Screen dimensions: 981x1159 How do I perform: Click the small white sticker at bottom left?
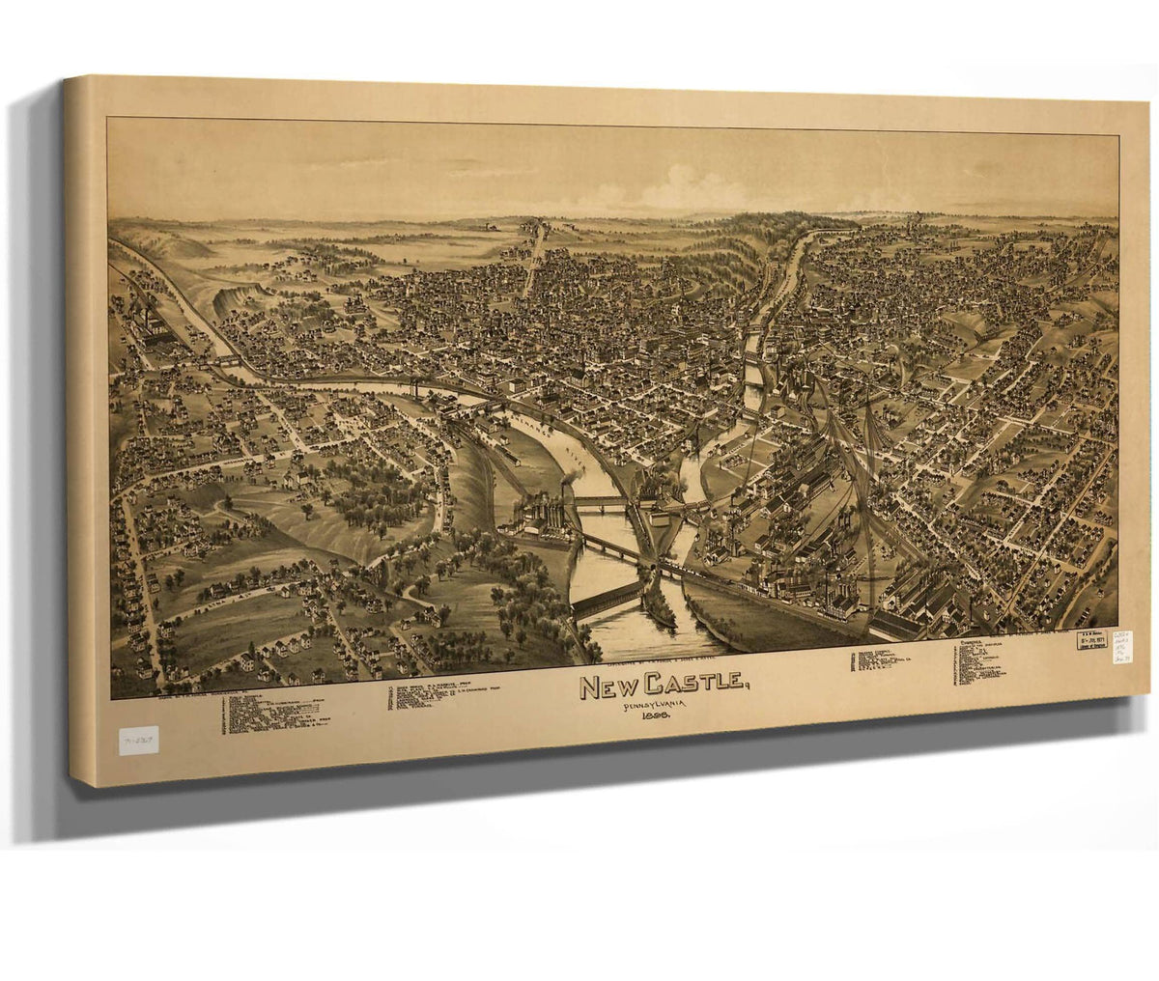(x=138, y=741)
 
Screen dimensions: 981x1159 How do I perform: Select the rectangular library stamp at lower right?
(x=1092, y=640)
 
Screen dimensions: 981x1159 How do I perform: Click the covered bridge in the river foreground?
(x=606, y=599)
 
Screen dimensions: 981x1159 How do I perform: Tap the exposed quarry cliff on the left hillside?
(x=236, y=298)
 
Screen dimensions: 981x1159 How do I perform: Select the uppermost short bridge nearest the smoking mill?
(x=600, y=501)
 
